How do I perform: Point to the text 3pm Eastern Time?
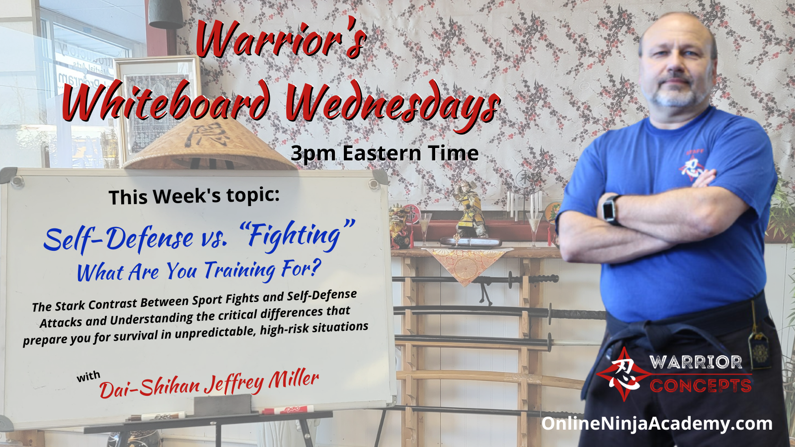[x=385, y=153]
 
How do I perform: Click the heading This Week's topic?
[x=194, y=196]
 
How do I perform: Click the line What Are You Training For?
[x=199, y=271]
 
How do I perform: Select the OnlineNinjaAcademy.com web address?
[x=656, y=424]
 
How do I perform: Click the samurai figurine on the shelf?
[x=469, y=209]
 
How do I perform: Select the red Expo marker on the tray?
[x=288, y=410]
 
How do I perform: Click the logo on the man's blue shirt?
[x=692, y=165]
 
